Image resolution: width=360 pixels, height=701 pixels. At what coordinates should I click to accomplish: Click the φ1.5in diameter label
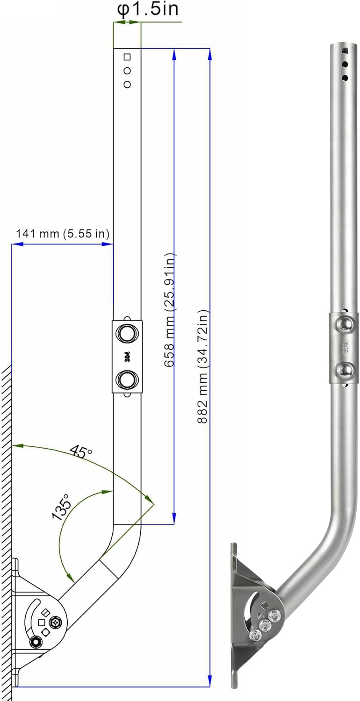[147, 9]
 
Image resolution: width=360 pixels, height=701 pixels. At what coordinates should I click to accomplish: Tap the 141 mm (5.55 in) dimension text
[63, 233]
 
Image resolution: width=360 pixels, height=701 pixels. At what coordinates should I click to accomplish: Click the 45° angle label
[81, 451]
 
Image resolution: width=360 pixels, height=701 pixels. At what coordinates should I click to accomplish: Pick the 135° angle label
[63, 507]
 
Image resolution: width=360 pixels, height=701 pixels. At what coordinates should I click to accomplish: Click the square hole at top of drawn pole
[127, 57]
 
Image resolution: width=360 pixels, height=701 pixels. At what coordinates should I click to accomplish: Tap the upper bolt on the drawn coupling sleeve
[127, 333]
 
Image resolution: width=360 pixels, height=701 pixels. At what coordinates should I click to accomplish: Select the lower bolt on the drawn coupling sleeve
[127, 379]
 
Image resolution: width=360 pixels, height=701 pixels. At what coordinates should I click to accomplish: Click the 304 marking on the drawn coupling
[127, 357]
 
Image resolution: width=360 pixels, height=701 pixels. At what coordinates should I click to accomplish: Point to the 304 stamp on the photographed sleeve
[345, 348]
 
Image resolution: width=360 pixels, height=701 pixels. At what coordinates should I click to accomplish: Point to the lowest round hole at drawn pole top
[127, 84]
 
